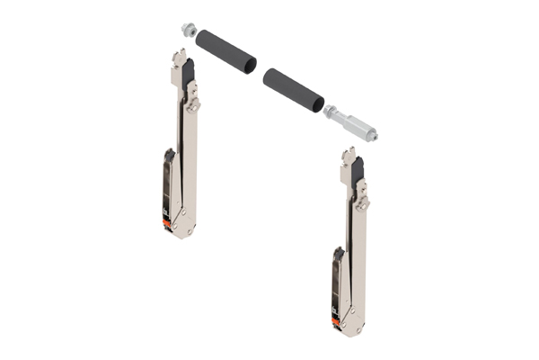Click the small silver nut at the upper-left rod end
[189, 29]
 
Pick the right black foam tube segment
[293, 89]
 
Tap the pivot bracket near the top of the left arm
[192, 104]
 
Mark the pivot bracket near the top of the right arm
[361, 200]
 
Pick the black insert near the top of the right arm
[357, 171]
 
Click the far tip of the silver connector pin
[372, 137]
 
